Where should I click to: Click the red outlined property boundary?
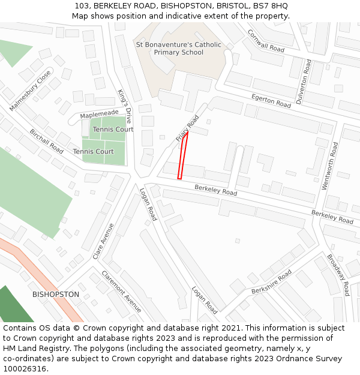click(x=183, y=155)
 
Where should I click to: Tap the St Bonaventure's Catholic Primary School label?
click(x=178, y=49)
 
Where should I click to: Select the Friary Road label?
click(x=187, y=128)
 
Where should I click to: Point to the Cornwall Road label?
click(x=265, y=40)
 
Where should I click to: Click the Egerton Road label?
click(x=271, y=100)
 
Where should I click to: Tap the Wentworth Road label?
click(x=330, y=166)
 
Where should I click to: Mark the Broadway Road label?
click(x=338, y=275)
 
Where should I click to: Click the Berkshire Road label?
click(x=271, y=281)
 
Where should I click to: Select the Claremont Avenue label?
click(x=121, y=292)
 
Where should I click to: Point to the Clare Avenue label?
click(x=103, y=241)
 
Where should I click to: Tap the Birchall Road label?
click(x=46, y=141)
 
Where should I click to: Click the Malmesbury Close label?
click(x=30, y=91)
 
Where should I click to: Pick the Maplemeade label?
click(x=99, y=113)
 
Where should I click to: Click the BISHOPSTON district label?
click(x=55, y=295)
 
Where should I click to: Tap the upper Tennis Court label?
click(x=113, y=130)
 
